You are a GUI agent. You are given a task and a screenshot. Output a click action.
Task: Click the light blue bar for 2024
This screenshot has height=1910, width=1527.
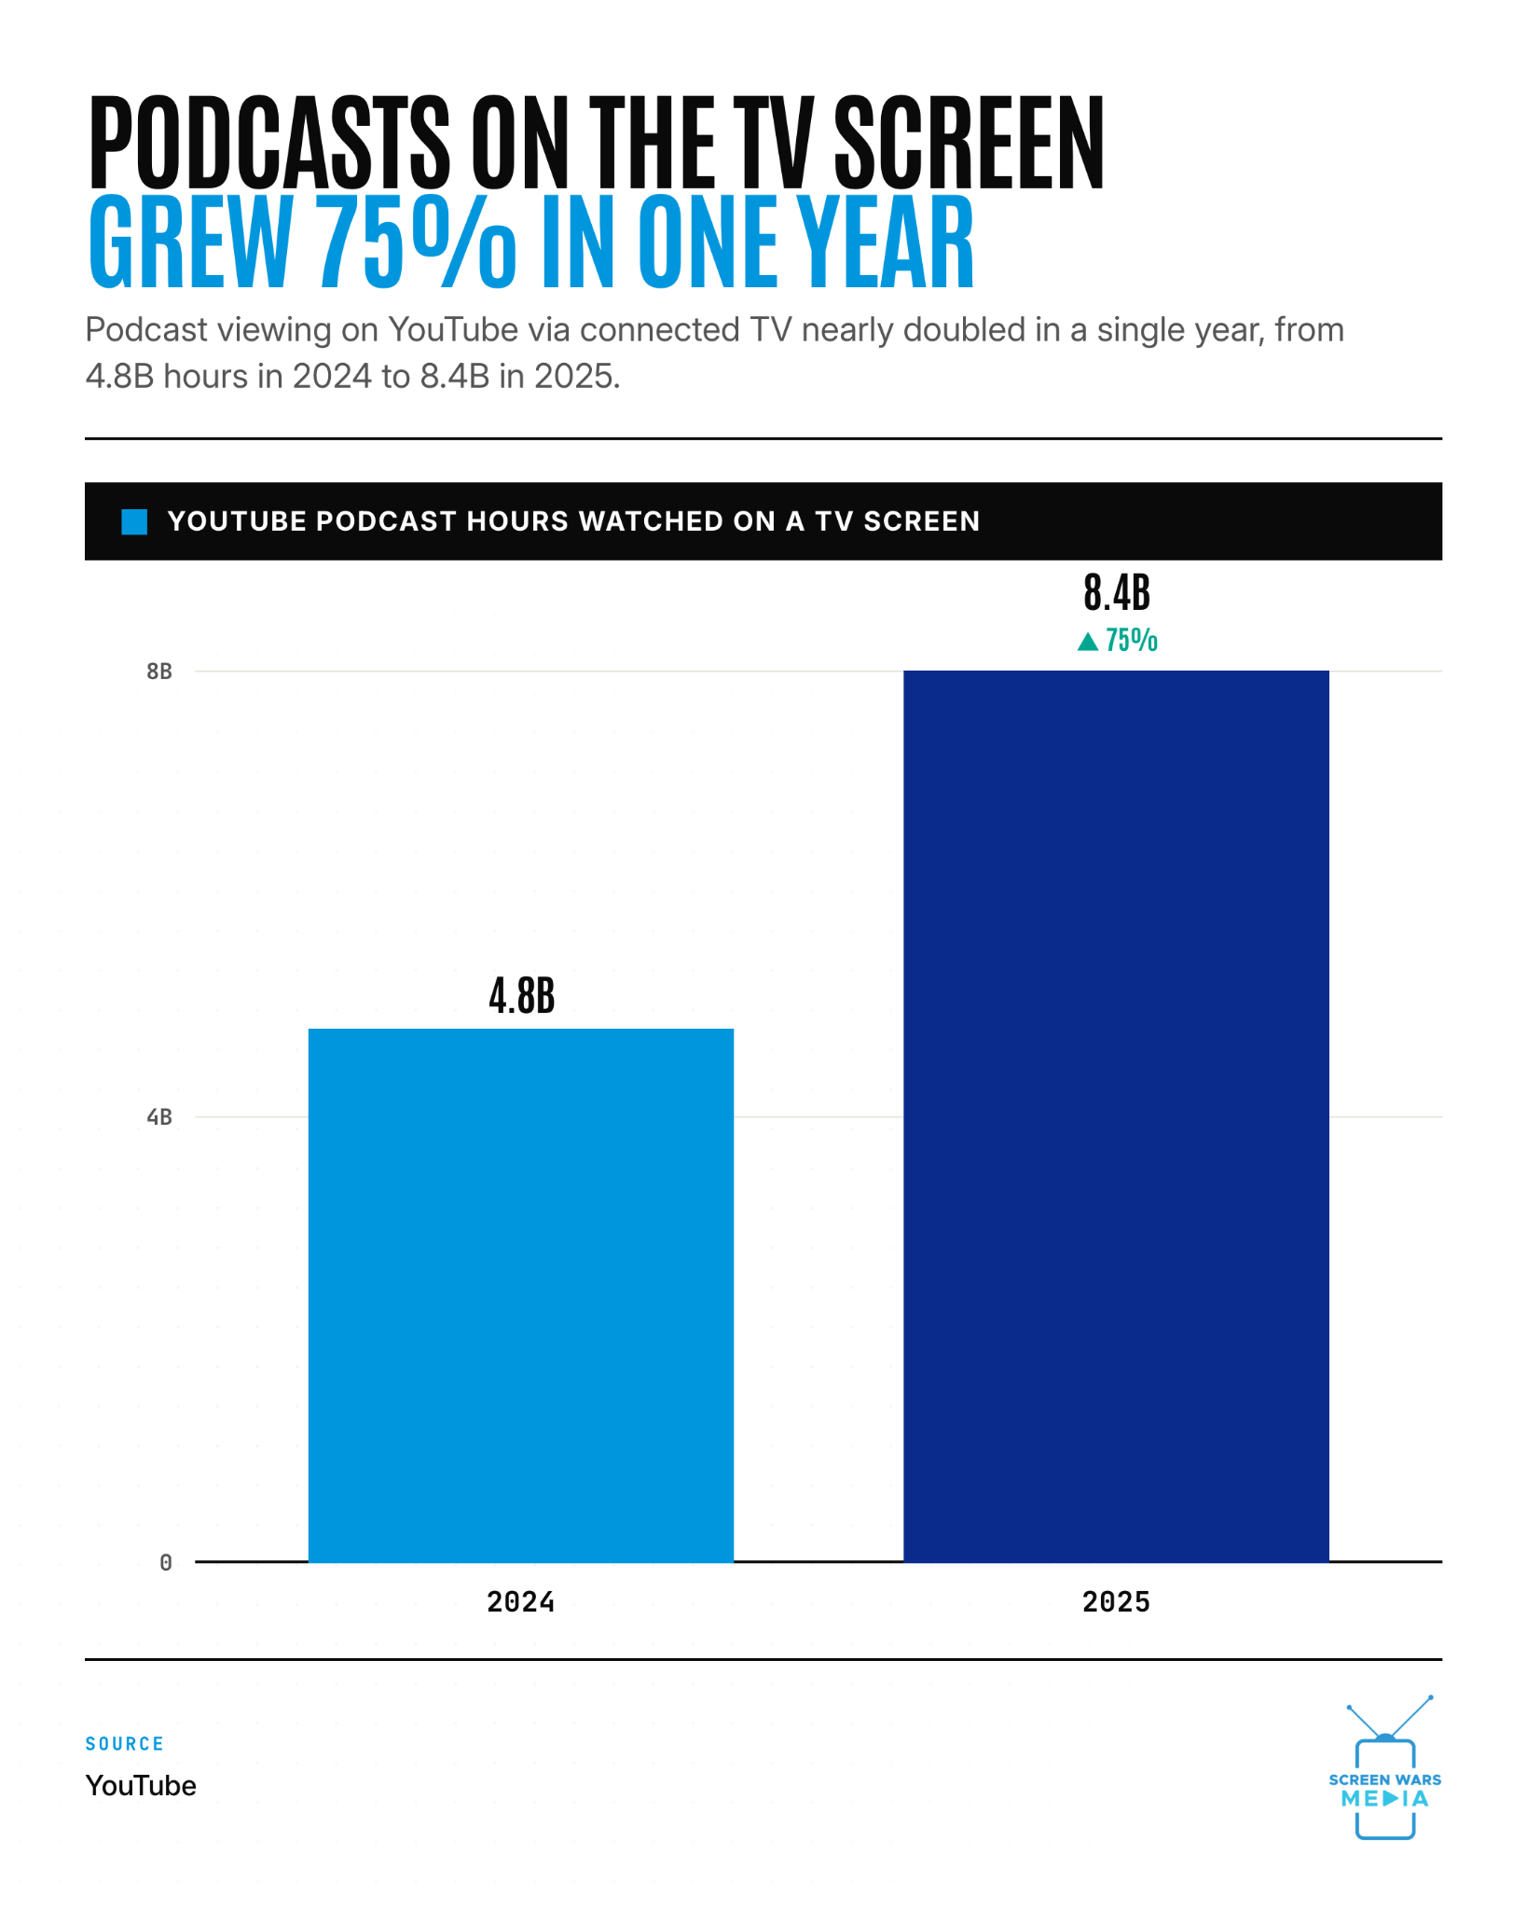point(520,1294)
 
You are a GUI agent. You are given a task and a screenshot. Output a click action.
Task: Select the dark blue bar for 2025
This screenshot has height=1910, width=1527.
point(1116,1115)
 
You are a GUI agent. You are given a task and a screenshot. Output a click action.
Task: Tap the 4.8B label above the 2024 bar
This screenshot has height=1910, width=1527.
point(521,996)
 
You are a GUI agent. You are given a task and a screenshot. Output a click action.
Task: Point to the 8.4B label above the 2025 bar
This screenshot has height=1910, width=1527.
point(1117,592)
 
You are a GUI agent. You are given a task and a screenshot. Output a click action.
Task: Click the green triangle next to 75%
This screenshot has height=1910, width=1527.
point(1088,641)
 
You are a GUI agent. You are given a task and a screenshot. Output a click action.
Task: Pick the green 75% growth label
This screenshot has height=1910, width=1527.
point(1131,641)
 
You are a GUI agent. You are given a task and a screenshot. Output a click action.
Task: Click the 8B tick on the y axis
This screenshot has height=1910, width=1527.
point(159,671)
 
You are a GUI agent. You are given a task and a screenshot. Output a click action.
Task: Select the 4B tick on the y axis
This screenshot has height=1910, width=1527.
point(159,1116)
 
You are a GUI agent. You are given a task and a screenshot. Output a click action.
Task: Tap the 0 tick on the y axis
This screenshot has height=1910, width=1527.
point(166,1562)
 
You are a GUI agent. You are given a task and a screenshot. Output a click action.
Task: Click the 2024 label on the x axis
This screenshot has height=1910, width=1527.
point(520,1602)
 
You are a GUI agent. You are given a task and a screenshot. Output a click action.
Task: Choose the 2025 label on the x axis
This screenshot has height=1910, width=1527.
point(1116,1602)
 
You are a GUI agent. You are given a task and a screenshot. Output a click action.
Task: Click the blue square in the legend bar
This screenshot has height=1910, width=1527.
point(134,522)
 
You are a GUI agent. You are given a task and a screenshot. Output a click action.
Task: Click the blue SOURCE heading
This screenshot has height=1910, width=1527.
point(125,1744)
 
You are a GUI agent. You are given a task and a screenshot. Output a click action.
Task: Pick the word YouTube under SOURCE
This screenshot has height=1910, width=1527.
point(141,1786)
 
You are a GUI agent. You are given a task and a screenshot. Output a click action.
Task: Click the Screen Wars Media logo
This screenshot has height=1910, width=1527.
point(1385,1767)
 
